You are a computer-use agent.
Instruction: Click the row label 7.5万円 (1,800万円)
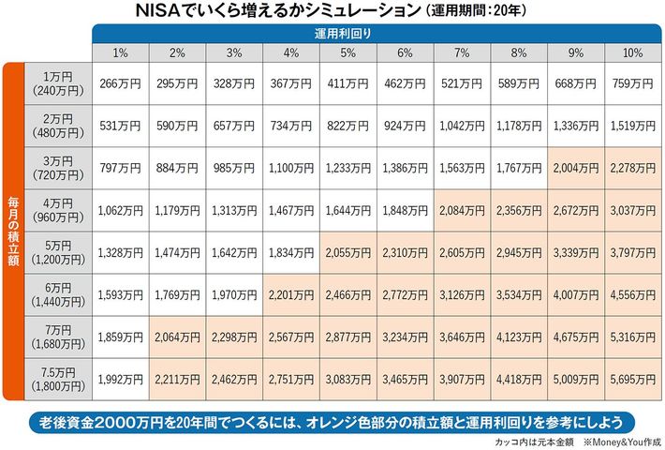click(x=58, y=381)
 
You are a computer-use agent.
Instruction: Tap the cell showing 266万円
click(x=120, y=85)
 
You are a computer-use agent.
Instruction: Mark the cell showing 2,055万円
click(x=347, y=254)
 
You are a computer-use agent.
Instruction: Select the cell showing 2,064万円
click(x=177, y=338)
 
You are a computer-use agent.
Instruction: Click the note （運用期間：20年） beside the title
click(x=480, y=12)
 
